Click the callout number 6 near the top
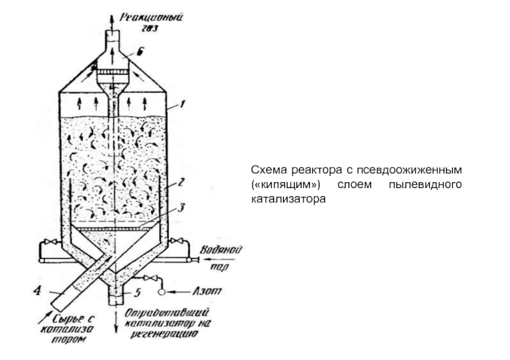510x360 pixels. (x=140, y=53)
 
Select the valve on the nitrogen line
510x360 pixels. (x=149, y=279)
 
